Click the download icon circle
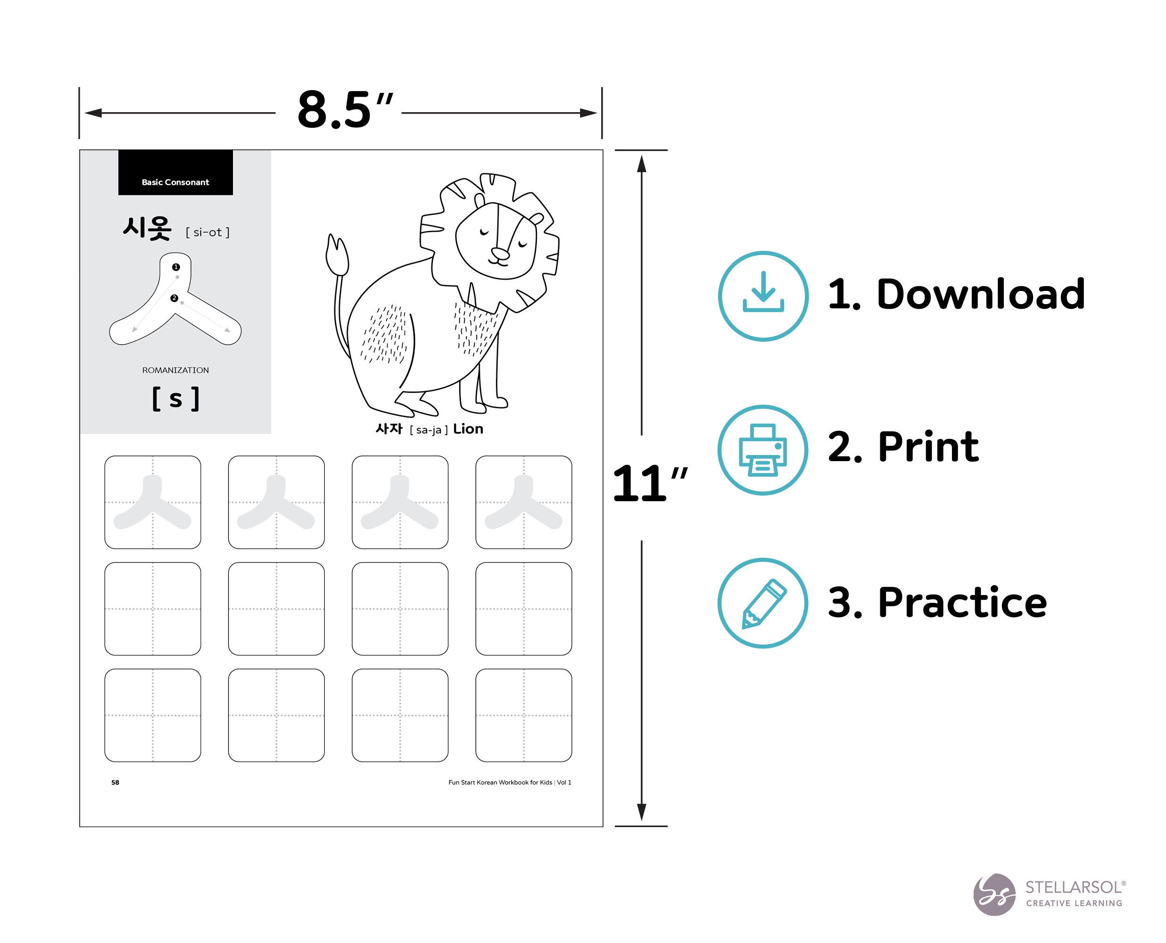763,296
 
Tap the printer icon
762,450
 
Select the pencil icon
763,604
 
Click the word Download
981,294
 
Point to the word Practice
962,603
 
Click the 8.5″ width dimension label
344,110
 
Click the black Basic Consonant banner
175,172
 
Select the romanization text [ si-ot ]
207,232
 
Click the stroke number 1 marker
175,267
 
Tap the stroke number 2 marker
174,298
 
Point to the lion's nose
500,253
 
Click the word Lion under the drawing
468,429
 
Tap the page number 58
115,782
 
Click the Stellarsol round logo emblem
994,894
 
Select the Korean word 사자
389,429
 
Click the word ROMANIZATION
175,370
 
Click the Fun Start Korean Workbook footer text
509,782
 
